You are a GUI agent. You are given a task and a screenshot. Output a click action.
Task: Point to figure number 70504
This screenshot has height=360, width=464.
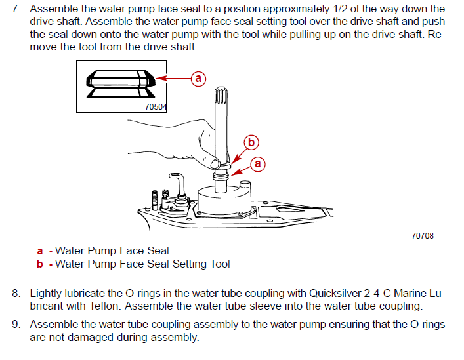[156, 106]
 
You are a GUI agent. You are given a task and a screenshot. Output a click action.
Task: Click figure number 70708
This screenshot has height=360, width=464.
[422, 236]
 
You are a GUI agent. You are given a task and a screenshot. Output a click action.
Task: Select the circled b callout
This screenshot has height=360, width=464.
[250, 141]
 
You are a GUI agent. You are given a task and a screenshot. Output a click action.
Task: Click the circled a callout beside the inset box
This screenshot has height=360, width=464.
[198, 79]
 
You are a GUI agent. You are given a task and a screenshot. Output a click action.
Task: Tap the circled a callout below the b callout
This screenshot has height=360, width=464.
[258, 164]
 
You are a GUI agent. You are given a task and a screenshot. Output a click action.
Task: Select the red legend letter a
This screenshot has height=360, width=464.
[41, 250]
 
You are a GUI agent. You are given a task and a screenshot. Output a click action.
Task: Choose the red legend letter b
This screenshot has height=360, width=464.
[41, 264]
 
